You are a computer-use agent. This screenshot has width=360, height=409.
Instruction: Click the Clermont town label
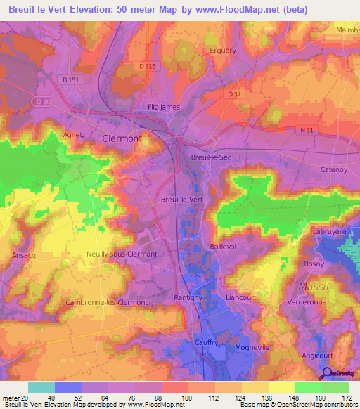[122, 138]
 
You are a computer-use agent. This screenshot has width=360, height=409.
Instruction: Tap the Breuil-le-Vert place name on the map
[182, 200]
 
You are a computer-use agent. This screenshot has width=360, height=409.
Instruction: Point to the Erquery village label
[223, 51]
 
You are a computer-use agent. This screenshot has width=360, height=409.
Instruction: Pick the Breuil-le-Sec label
[211, 157]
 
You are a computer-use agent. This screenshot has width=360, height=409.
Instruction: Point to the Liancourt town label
[240, 298]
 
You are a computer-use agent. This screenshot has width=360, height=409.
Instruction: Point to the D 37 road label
[234, 93]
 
